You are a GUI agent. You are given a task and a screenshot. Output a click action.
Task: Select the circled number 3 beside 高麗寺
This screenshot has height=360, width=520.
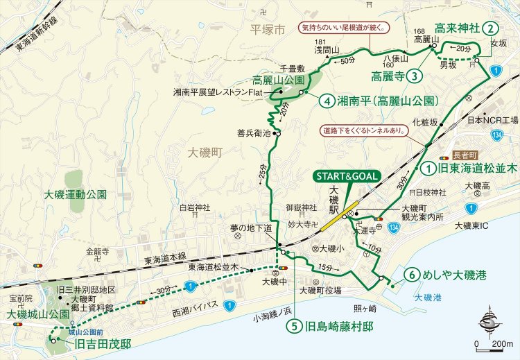415,75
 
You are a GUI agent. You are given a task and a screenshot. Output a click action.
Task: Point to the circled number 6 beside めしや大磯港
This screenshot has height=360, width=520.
413,275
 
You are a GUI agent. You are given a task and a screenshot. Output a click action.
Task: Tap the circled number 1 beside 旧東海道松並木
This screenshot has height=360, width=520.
428,167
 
